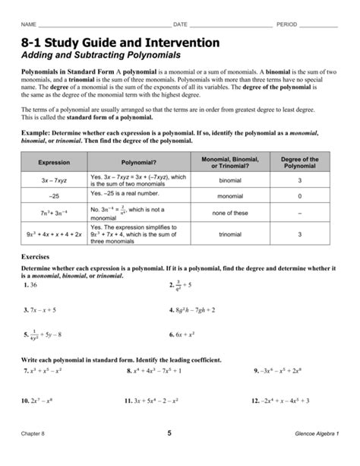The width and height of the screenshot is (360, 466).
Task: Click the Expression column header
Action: coord(54,163)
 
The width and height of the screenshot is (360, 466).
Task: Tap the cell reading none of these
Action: coord(230,213)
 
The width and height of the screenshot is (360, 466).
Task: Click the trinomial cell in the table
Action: coord(230,235)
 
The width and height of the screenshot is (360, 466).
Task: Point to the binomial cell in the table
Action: coord(230,181)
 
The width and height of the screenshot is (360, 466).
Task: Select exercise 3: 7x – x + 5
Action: coord(39,310)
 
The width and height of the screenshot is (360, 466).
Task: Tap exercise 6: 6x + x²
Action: coord(182,334)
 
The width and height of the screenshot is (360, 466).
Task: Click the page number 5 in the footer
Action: coord(179,454)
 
